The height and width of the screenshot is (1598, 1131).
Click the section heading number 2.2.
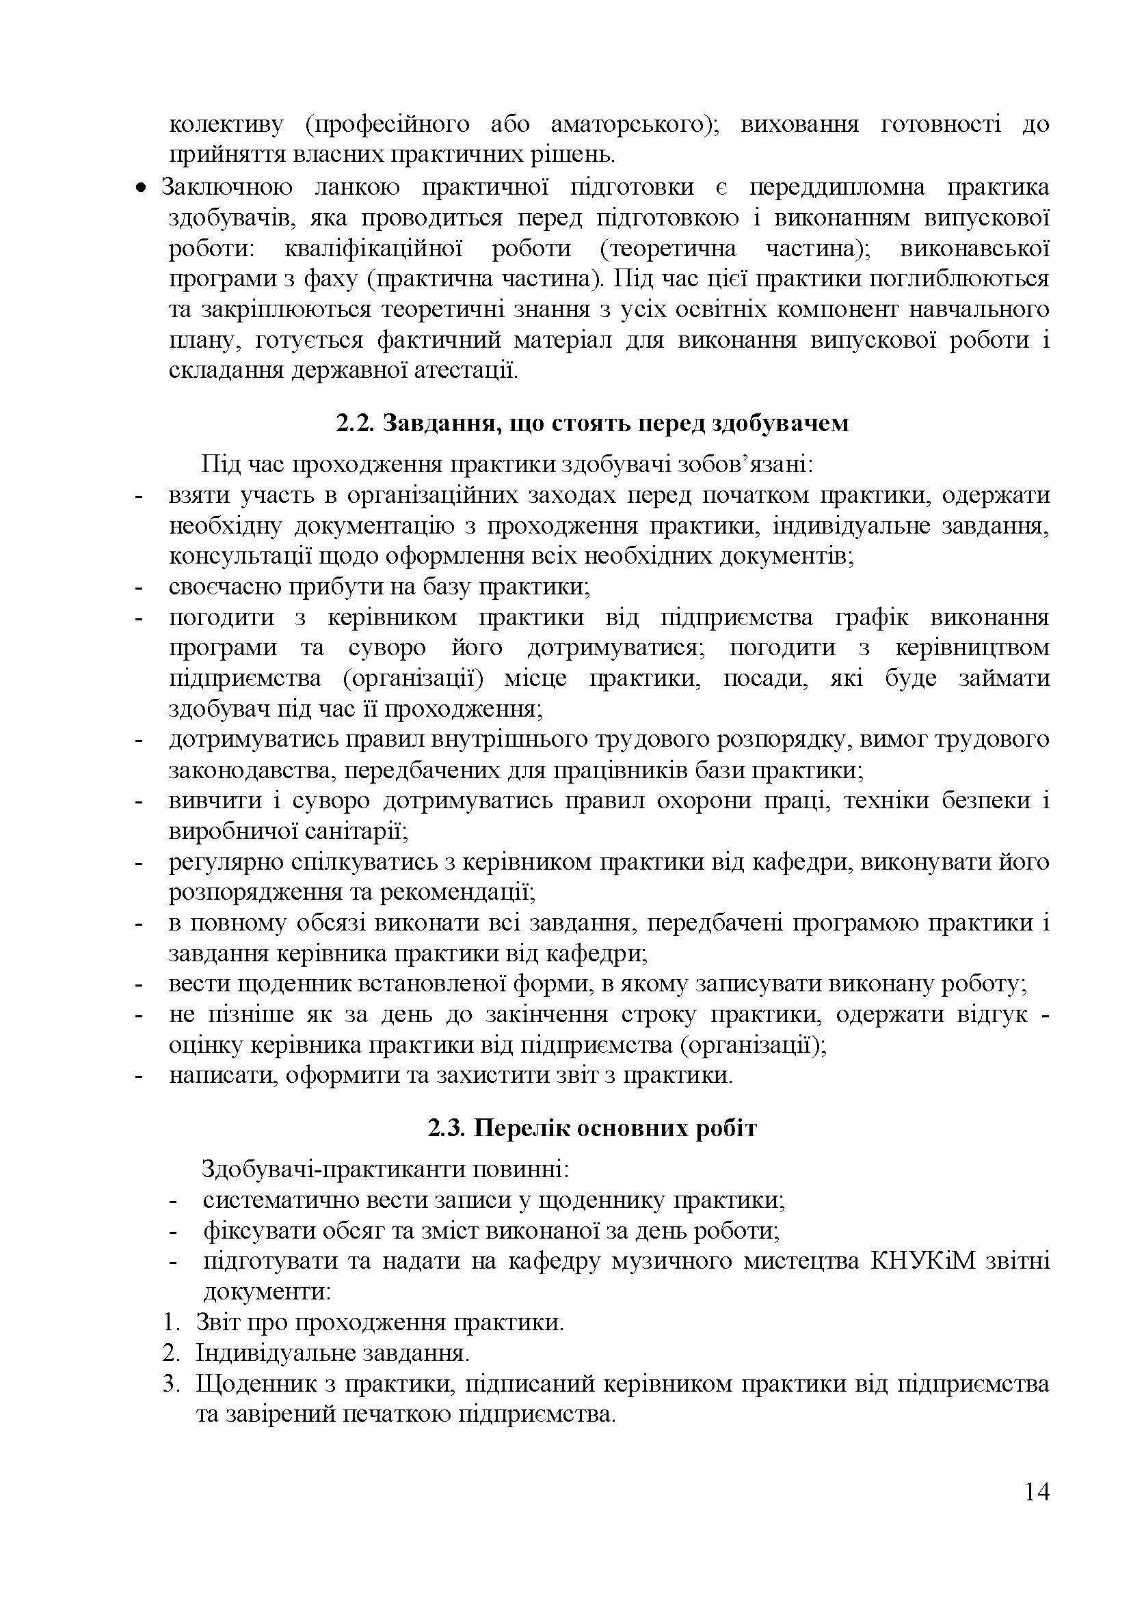click(355, 424)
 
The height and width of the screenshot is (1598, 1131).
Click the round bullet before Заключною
click(142, 188)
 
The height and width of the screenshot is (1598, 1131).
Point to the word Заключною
click(227, 188)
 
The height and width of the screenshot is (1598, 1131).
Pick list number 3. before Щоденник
click(171, 1383)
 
